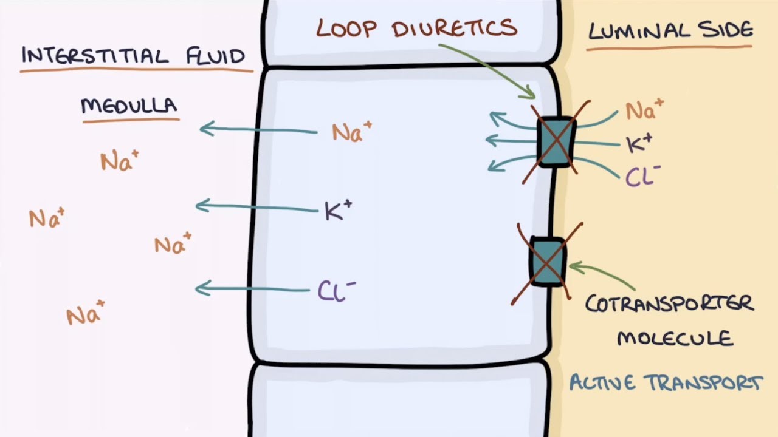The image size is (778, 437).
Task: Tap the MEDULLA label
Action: [x=129, y=106]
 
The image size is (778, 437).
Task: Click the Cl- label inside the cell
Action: [x=336, y=291]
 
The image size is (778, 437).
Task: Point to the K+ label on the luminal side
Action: [x=639, y=143]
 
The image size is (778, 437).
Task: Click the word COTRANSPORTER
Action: [x=669, y=303]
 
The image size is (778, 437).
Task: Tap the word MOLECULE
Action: [x=675, y=337]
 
